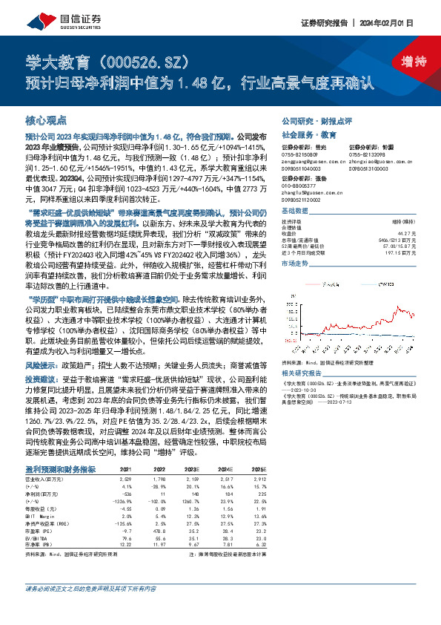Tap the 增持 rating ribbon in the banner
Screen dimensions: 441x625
404,61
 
